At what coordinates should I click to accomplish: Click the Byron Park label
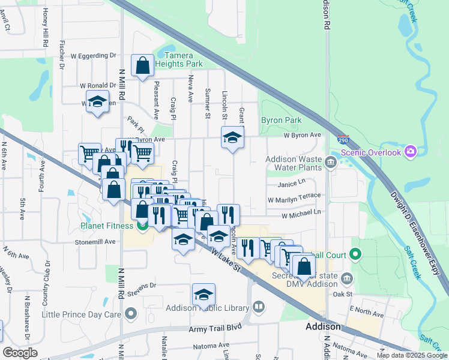point(281,120)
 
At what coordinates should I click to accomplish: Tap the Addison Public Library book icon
point(259,307)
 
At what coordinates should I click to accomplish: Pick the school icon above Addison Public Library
point(203,295)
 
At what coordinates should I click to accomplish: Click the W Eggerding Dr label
point(93,55)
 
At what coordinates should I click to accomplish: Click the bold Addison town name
point(323,327)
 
